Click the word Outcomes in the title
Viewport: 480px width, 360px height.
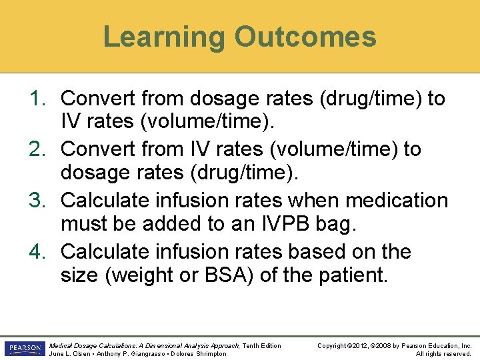pos(305,37)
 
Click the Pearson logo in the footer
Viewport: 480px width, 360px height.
pos(25,349)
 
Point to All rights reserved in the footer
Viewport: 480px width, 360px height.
pos(443,353)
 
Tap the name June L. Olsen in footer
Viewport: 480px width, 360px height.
pos(67,353)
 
